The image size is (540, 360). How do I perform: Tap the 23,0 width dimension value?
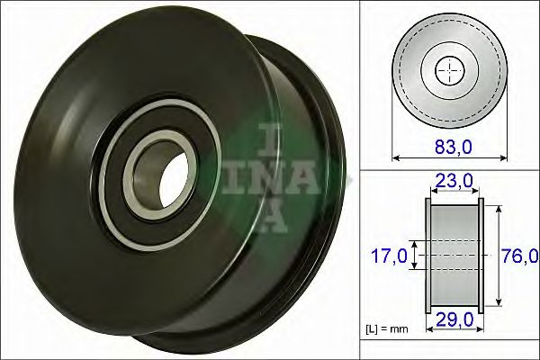(x=454, y=181)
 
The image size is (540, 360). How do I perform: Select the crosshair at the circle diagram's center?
(x=447, y=72)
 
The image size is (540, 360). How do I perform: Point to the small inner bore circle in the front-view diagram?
(x=447, y=72)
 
